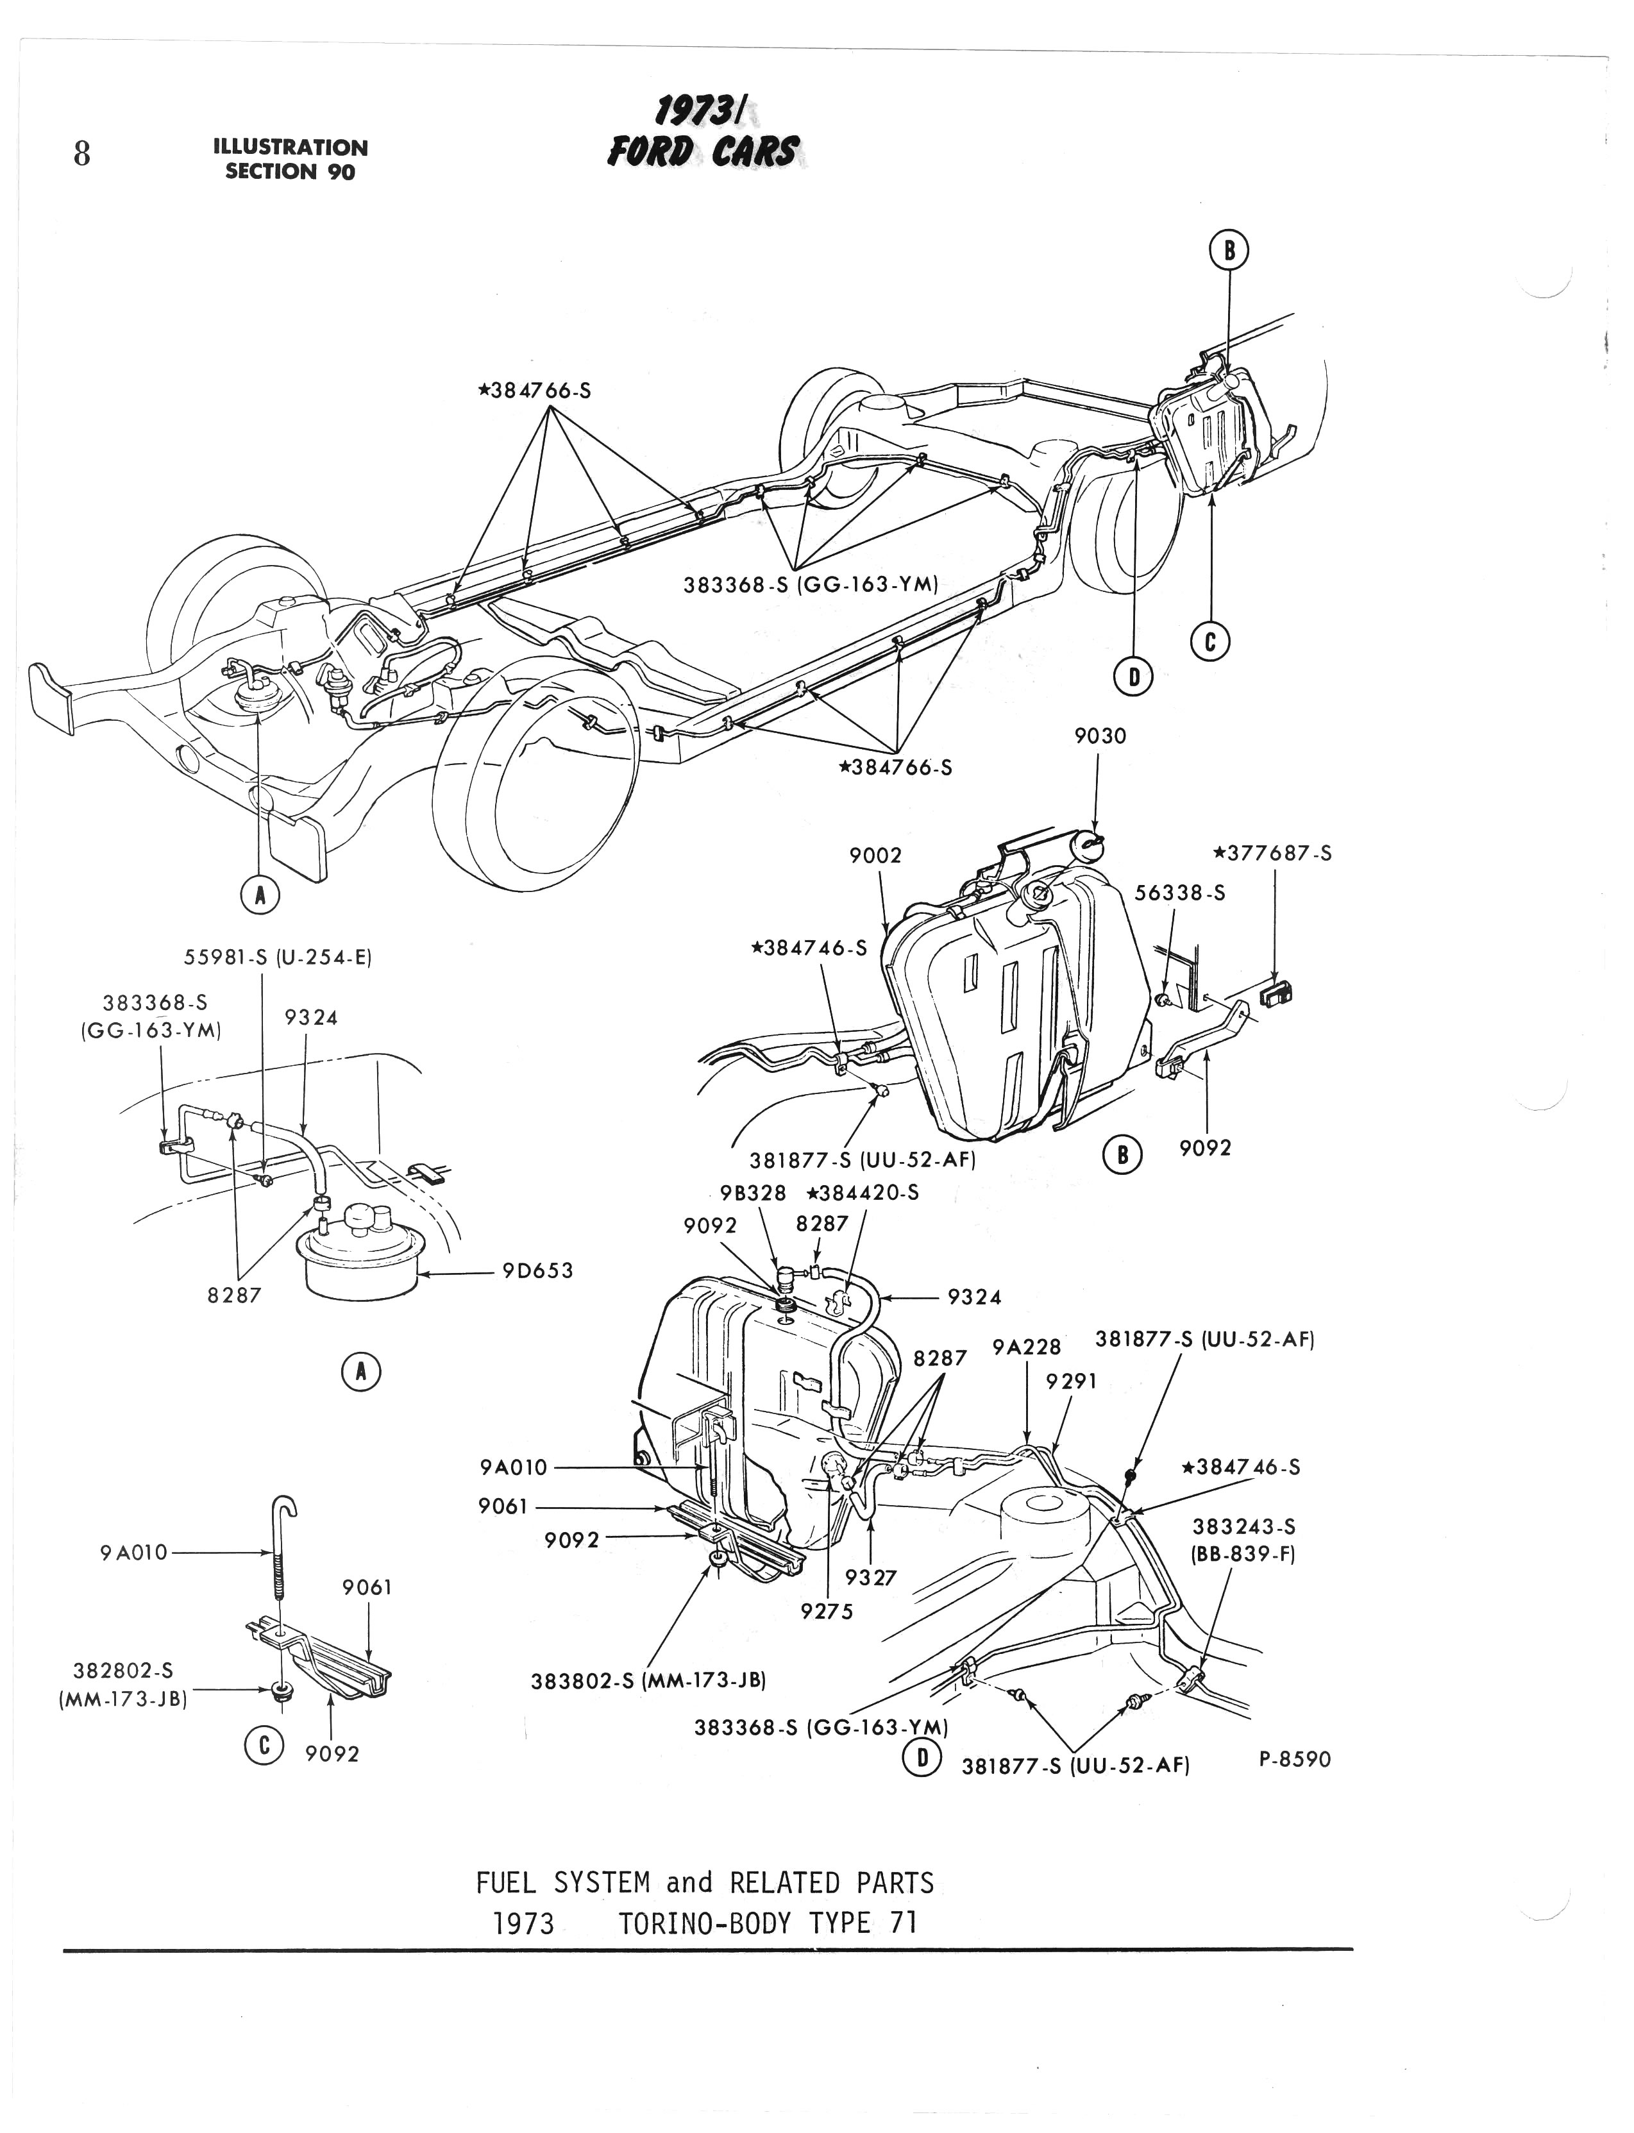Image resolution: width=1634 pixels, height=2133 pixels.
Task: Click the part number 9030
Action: (1100, 736)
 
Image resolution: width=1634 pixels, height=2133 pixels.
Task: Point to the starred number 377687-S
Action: (1272, 854)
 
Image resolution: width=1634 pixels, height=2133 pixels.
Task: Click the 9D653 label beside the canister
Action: (538, 1270)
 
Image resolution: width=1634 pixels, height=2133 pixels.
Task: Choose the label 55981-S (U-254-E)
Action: (278, 957)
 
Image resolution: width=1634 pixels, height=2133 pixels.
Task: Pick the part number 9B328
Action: (754, 1193)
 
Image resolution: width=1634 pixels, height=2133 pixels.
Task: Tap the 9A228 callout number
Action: (1026, 1347)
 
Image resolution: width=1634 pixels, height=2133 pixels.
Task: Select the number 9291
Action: (1072, 1381)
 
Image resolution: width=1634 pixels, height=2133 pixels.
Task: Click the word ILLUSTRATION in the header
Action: (290, 148)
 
